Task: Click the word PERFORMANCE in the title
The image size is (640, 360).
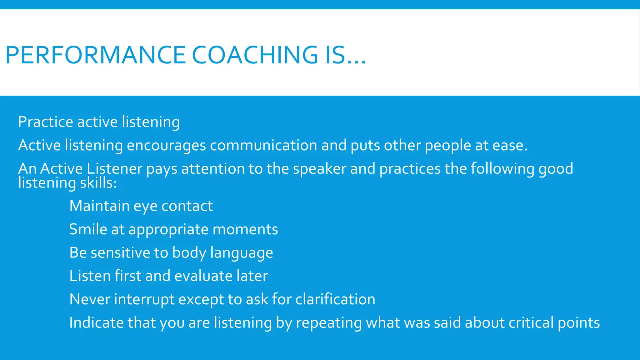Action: click(x=96, y=55)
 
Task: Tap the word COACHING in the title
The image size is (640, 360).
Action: click(x=255, y=55)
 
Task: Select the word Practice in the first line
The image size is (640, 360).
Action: click(x=45, y=122)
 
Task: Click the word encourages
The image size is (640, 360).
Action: click(x=166, y=146)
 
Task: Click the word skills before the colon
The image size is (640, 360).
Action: click(x=98, y=183)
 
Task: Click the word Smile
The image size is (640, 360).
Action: click(x=88, y=229)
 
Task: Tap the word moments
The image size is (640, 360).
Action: click(x=245, y=229)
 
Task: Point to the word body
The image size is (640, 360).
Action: click(x=189, y=253)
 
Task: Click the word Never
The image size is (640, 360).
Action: click(x=90, y=299)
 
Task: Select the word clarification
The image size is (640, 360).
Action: click(x=335, y=299)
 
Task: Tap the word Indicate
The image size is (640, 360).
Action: click(x=96, y=322)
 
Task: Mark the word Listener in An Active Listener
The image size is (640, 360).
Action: click(x=114, y=169)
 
